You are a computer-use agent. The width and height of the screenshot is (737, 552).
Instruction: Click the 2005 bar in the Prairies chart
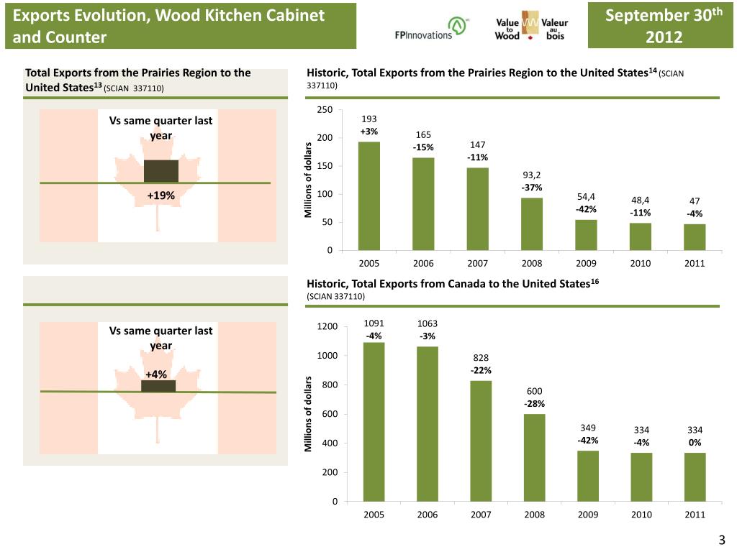pyautogui.click(x=369, y=195)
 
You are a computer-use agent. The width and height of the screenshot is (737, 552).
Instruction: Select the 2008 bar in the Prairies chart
pyautogui.click(x=532, y=224)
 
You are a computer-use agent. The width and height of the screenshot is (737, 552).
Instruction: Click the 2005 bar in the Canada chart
pyautogui.click(x=374, y=421)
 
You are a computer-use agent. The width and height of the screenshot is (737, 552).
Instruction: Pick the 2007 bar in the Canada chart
pyautogui.click(x=481, y=441)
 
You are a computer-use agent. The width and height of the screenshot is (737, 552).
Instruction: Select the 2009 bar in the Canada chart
pyautogui.click(x=588, y=476)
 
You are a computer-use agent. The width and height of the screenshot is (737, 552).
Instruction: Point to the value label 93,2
pyautogui.click(x=532, y=175)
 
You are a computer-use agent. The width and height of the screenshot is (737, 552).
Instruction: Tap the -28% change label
pyautogui.click(x=535, y=403)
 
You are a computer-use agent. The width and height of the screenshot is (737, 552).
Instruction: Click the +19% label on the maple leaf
pyautogui.click(x=160, y=195)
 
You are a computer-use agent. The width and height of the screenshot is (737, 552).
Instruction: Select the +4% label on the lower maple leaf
pyautogui.click(x=156, y=374)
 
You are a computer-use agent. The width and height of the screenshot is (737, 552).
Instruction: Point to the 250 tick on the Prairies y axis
pyautogui.click(x=324, y=109)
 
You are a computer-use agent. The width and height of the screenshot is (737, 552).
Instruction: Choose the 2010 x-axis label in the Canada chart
pyautogui.click(x=641, y=515)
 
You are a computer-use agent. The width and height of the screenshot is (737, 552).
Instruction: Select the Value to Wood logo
pyautogui.click(x=532, y=27)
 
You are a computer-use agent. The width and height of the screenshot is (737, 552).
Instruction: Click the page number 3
pyautogui.click(x=721, y=540)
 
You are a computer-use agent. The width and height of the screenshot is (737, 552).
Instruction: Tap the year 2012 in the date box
pyautogui.click(x=664, y=37)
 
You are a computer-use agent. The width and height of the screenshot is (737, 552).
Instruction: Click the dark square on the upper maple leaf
pyautogui.click(x=161, y=171)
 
